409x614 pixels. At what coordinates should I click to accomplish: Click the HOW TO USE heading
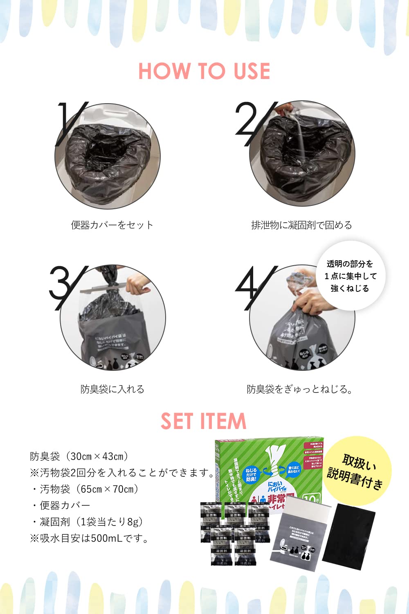pos(204,71)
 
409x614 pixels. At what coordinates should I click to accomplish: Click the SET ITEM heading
pos(203,421)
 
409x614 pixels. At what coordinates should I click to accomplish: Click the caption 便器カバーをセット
pos(112,225)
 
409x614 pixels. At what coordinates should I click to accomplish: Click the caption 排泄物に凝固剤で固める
pos(301,225)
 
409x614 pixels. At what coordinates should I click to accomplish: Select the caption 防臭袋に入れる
pos(112,389)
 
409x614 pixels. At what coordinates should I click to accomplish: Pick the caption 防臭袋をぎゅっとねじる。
pos(300,389)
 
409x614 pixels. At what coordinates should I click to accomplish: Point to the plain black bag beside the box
pos(348,536)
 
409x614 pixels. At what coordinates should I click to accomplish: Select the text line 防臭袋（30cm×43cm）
pos(80,456)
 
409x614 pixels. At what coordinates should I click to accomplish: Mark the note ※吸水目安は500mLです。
pos(90,538)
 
